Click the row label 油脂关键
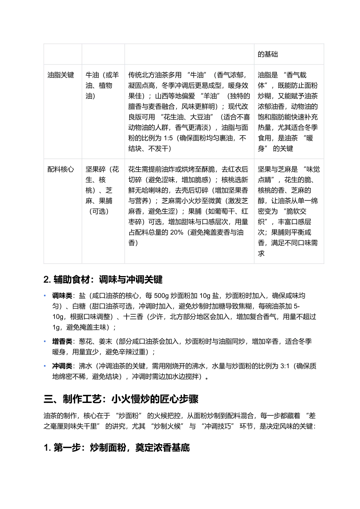point(61,75)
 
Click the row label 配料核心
point(61,169)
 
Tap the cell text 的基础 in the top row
point(268,54)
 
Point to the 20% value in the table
point(177,233)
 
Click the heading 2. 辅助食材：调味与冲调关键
point(103,280)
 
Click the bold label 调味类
point(62,296)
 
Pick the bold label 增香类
point(62,342)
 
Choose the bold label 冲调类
point(62,366)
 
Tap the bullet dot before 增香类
point(45,342)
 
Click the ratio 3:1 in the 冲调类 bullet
point(285,366)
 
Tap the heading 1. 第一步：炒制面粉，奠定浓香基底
point(117,448)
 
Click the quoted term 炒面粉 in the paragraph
point(130,416)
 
